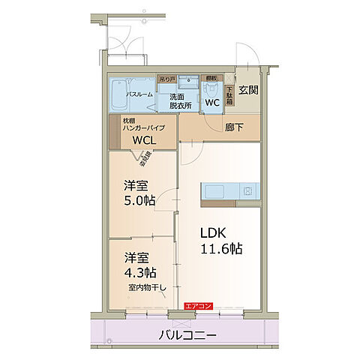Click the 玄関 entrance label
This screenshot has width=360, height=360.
248,91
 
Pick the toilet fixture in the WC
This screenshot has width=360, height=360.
210,89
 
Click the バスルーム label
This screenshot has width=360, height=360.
139,94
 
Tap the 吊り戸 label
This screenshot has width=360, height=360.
166,78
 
